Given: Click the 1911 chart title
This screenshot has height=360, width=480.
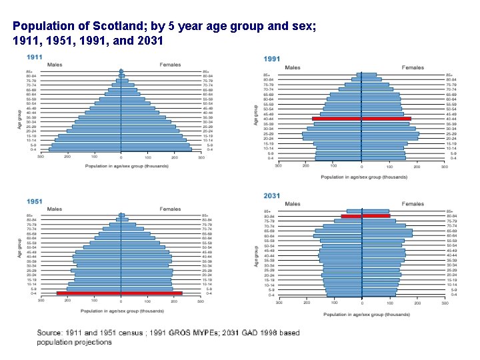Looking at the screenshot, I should pos(35,57).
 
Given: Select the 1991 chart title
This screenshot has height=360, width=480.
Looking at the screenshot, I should pos(273,59).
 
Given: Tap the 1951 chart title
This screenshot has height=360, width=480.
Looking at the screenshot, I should pos(35,201).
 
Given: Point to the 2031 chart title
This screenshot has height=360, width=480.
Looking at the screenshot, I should pos(271,195).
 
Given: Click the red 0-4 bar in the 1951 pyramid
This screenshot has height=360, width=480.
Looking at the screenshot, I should pos(119,293).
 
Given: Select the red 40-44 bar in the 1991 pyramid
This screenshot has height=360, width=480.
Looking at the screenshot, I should pos(361,119).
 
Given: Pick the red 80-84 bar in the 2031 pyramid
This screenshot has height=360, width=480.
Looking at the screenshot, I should pos(365,216).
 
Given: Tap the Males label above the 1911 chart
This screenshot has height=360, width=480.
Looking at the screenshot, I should pos(54,65).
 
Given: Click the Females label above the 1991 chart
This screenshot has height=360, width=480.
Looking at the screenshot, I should pos(413,67).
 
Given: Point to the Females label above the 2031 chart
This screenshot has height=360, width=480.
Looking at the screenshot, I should pos(413,204).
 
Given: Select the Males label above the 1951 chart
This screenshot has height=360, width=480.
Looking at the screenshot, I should pos(54,209).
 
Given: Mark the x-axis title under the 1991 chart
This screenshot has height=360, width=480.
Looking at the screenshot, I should pos(363,177).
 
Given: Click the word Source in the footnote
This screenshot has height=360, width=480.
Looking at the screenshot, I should pos(50,332).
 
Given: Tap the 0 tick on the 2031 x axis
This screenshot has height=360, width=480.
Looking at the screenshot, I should pos(361,302).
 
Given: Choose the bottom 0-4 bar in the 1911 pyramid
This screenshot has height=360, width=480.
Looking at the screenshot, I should pos(120,149).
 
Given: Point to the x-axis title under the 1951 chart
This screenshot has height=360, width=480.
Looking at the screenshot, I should pos(122,311).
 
